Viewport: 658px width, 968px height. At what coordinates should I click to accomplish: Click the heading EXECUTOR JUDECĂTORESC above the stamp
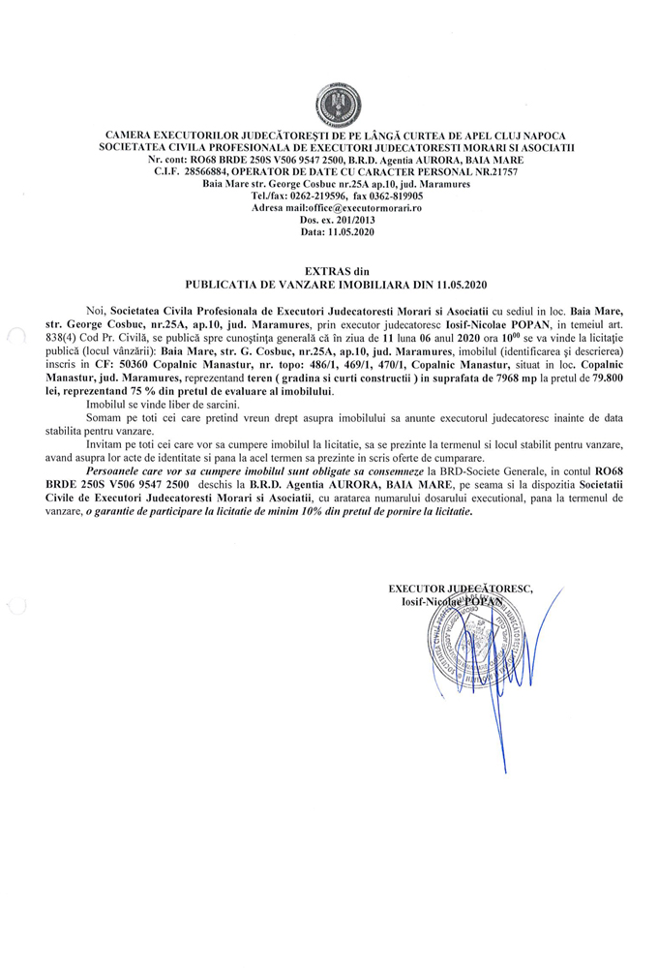[461, 588]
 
